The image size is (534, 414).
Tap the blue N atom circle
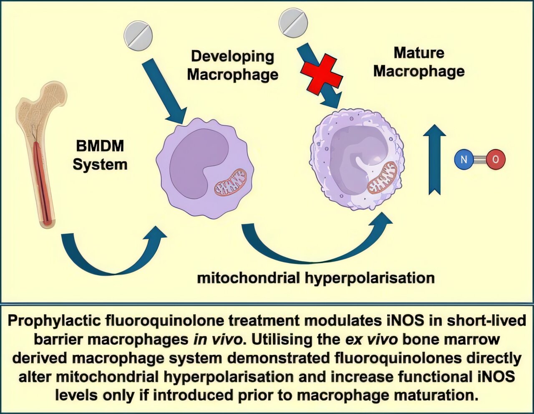click(464, 159)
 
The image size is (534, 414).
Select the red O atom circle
click(495, 159)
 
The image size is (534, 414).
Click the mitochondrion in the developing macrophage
click(231, 182)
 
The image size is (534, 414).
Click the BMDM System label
click(100, 155)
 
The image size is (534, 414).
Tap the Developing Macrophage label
click(232, 65)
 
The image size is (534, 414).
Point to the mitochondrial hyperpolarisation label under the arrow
click(315, 278)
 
